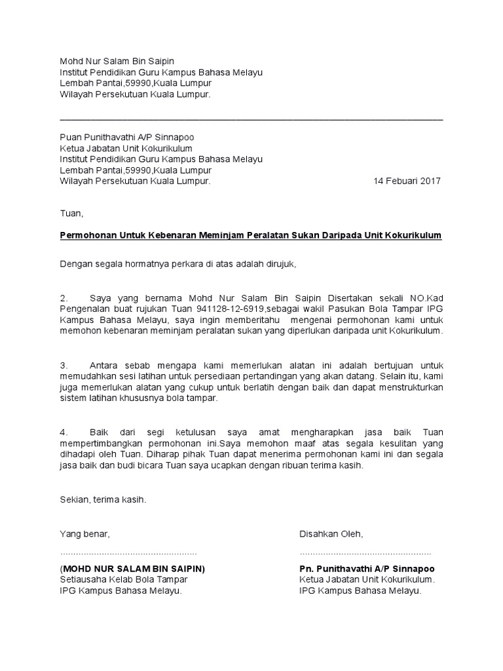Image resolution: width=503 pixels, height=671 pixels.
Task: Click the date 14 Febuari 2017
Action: click(x=407, y=182)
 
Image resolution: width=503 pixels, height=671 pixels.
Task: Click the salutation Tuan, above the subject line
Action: click(x=72, y=213)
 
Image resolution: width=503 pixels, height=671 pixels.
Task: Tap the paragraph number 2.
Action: click(x=64, y=298)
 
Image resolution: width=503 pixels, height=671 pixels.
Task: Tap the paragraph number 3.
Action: click(x=64, y=365)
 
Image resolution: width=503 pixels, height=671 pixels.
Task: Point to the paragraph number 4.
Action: click(x=64, y=432)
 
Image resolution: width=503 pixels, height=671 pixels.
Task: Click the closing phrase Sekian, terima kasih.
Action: click(x=103, y=499)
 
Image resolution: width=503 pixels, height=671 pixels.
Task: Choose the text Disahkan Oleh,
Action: click(x=331, y=534)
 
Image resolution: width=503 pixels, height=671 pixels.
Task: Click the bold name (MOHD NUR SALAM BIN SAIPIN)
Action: click(x=132, y=569)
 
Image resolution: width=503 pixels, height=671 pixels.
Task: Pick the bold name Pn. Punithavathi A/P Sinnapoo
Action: click(x=367, y=569)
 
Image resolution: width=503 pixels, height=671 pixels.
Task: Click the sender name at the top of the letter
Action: click(x=117, y=61)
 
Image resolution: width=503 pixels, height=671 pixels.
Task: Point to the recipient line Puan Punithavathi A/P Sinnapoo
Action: click(x=127, y=137)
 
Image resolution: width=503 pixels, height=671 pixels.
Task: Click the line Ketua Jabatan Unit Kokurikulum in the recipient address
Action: click(x=131, y=148)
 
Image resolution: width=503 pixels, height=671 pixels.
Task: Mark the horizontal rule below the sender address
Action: click(x=251, y=119)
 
